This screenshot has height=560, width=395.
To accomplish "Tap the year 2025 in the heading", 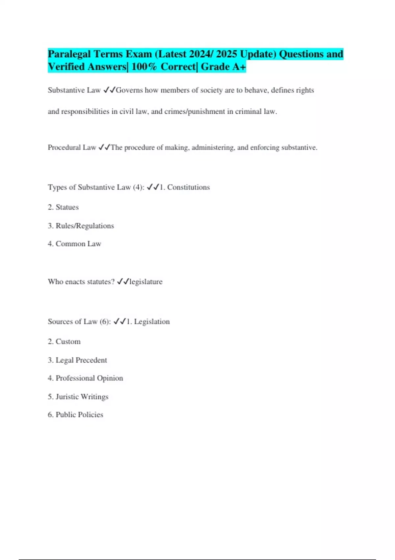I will (226, 54).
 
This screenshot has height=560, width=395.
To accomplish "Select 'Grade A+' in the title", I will (223, 67).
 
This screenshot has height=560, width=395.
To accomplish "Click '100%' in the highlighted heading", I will (145, 67).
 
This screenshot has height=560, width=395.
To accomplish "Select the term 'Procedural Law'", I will (71, 148).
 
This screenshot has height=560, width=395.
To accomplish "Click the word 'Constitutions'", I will (188, 187).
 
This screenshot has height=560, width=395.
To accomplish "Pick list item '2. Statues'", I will (63, 207).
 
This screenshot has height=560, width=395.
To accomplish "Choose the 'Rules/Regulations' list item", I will (85, 226).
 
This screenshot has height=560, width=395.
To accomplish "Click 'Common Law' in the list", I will (78, 244).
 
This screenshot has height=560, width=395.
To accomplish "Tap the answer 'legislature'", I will (146, 282).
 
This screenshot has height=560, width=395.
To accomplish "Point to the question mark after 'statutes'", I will (113, 282).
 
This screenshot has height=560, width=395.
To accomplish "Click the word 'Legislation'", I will (152, 322).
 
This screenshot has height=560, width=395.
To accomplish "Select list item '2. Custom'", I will (64, 342).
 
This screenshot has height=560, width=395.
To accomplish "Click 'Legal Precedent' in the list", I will (81, 360).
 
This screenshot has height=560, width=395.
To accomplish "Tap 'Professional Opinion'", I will (89, 378).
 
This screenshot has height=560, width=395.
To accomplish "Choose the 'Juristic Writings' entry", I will (82, 397).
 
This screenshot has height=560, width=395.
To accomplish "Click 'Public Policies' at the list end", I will (79, 415).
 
